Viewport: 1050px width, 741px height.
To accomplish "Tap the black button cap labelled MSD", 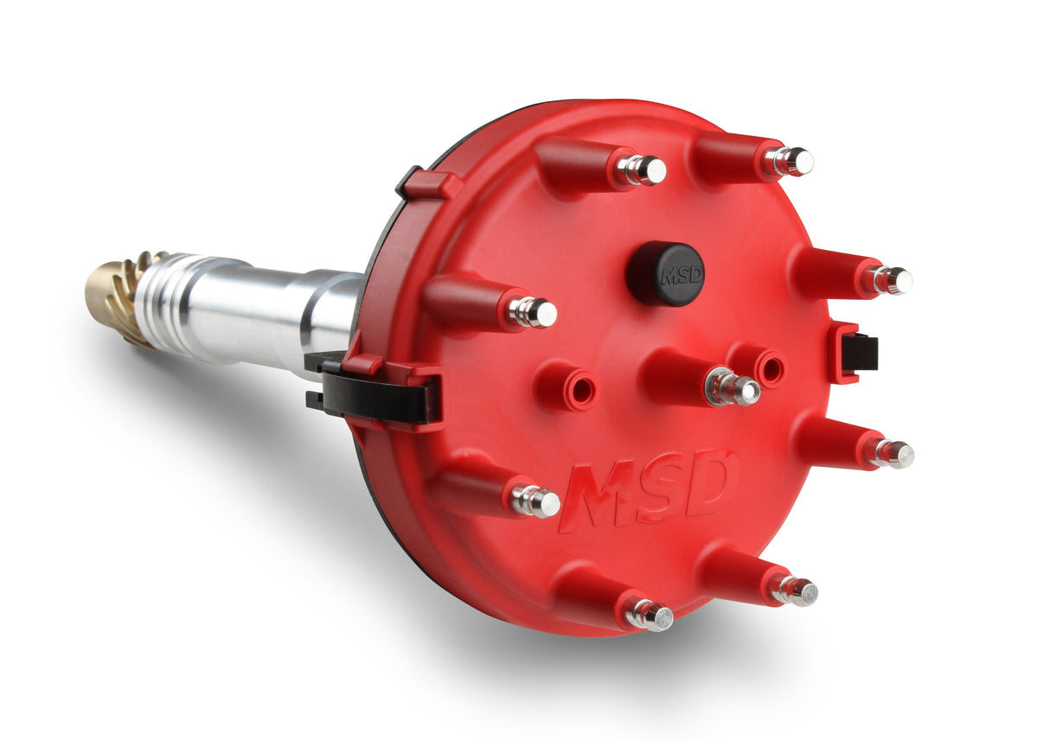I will click(666, 273).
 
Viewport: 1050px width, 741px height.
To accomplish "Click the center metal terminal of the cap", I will click(733, 387).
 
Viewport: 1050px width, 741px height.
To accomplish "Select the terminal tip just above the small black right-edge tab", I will click(892, 280).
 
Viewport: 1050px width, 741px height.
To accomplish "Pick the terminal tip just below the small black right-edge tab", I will click(893, 453).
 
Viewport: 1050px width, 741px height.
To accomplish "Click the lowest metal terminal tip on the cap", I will click(650, 615).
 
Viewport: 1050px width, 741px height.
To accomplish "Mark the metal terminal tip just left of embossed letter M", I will click(536, 501).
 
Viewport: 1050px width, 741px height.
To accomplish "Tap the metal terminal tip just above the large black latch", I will click(533, 312).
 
